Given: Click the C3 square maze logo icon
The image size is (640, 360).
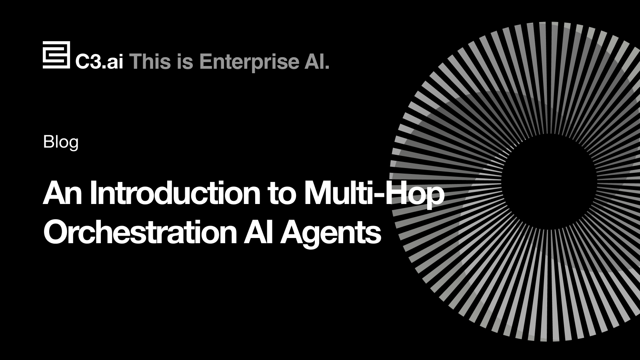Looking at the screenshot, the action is (x=56, y=55).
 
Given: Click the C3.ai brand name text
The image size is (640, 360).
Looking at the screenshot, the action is (x=99, y=62).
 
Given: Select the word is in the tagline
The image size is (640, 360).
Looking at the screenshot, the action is (x=186, y=62).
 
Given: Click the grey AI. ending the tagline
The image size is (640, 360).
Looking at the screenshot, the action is (x=317, y=62).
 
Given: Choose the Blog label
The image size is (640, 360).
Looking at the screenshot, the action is (x=60, y=142).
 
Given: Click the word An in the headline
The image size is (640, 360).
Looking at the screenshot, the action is (x=62, y=193).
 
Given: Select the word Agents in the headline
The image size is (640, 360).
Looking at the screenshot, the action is (x=331, y=234).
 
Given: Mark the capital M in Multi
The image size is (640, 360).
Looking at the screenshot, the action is (x=318, y=193).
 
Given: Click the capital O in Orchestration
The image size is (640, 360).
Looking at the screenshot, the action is (x=56, y=232).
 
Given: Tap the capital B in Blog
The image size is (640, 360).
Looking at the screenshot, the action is (x=48, y=141).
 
